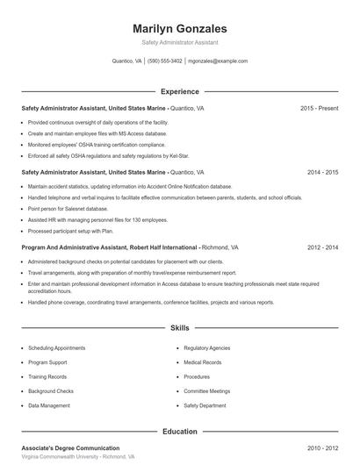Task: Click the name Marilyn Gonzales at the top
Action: coord(179,29)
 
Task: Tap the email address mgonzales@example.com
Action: coord(218,61)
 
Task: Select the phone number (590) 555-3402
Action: coord(165,61)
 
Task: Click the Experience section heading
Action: coord(179,91)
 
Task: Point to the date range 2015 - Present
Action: coord(319,108)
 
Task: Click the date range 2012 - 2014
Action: coord(322,247)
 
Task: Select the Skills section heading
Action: coord(179,328)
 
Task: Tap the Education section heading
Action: coord(179,432)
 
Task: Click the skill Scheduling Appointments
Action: coord(57,347)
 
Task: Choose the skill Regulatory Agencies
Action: coord(207,347)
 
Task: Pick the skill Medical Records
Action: coord(203,362)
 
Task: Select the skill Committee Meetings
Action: coord(207,391)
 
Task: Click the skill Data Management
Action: coord(49,406)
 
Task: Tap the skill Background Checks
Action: coord(51,391)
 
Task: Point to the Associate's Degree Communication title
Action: coord(70,447)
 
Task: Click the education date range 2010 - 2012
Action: coord(322,447)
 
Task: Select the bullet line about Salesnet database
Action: coord(68,209)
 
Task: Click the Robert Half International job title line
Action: coord(114,247)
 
